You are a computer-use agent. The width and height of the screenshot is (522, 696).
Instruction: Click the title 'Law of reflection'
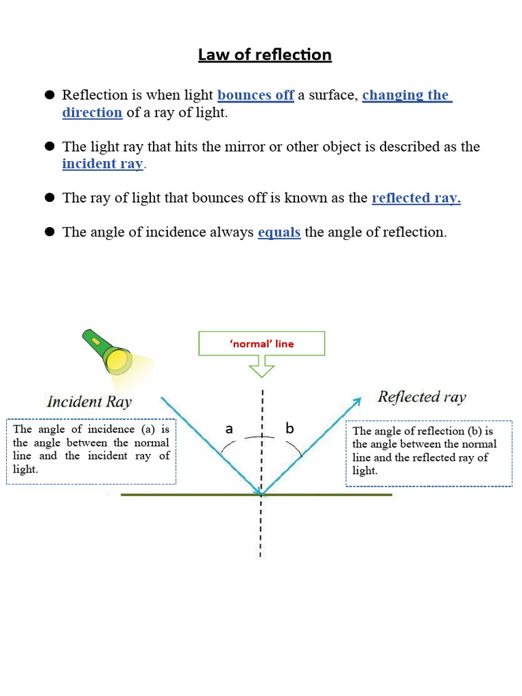coord(264,54)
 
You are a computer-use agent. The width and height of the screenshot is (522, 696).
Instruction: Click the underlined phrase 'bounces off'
coord(256,95)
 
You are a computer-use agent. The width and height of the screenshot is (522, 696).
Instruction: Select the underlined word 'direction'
coord(92,113)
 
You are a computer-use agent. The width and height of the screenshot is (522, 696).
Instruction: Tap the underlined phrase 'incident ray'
coord(103,164)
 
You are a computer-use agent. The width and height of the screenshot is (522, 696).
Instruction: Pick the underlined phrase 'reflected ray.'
coord(416,198)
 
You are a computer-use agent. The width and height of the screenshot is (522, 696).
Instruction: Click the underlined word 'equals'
coord(279,232)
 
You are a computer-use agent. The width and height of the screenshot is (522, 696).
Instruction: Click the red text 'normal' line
coord(262,344)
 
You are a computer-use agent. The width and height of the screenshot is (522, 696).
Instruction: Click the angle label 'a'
coord(229,429)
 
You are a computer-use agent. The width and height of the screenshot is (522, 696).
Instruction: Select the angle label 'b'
coord(290,429)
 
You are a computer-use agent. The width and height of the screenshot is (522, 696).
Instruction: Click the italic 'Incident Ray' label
coord(89,402)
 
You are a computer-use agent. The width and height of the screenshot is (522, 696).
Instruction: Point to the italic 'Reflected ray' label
coord(422,397)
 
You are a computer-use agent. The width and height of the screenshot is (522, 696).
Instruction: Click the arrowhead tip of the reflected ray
coord(360,398)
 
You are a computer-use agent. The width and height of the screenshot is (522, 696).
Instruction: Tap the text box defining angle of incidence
coord(91,451)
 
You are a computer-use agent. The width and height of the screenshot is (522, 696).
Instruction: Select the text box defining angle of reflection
coord(428,452)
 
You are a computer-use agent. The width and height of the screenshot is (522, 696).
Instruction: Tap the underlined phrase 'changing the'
coord(406,95)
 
